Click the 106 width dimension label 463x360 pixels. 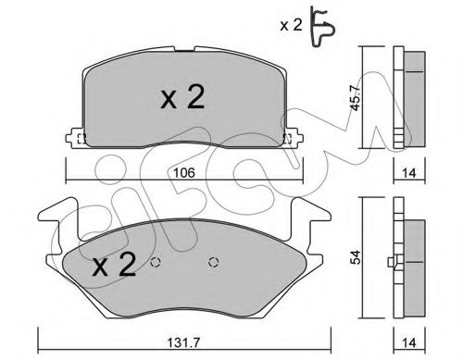pos(184,173)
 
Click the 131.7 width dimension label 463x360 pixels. pos(184,342)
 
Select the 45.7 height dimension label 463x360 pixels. pos(355,97)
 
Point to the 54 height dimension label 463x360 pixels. pos(356,257)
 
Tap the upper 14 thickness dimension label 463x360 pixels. pos(409,173)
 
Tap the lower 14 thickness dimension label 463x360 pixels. pos(409,342)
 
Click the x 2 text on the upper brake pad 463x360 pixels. pos(182,97)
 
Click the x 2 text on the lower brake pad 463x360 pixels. pos(114,265)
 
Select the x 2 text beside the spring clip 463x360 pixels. pos(291,25)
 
